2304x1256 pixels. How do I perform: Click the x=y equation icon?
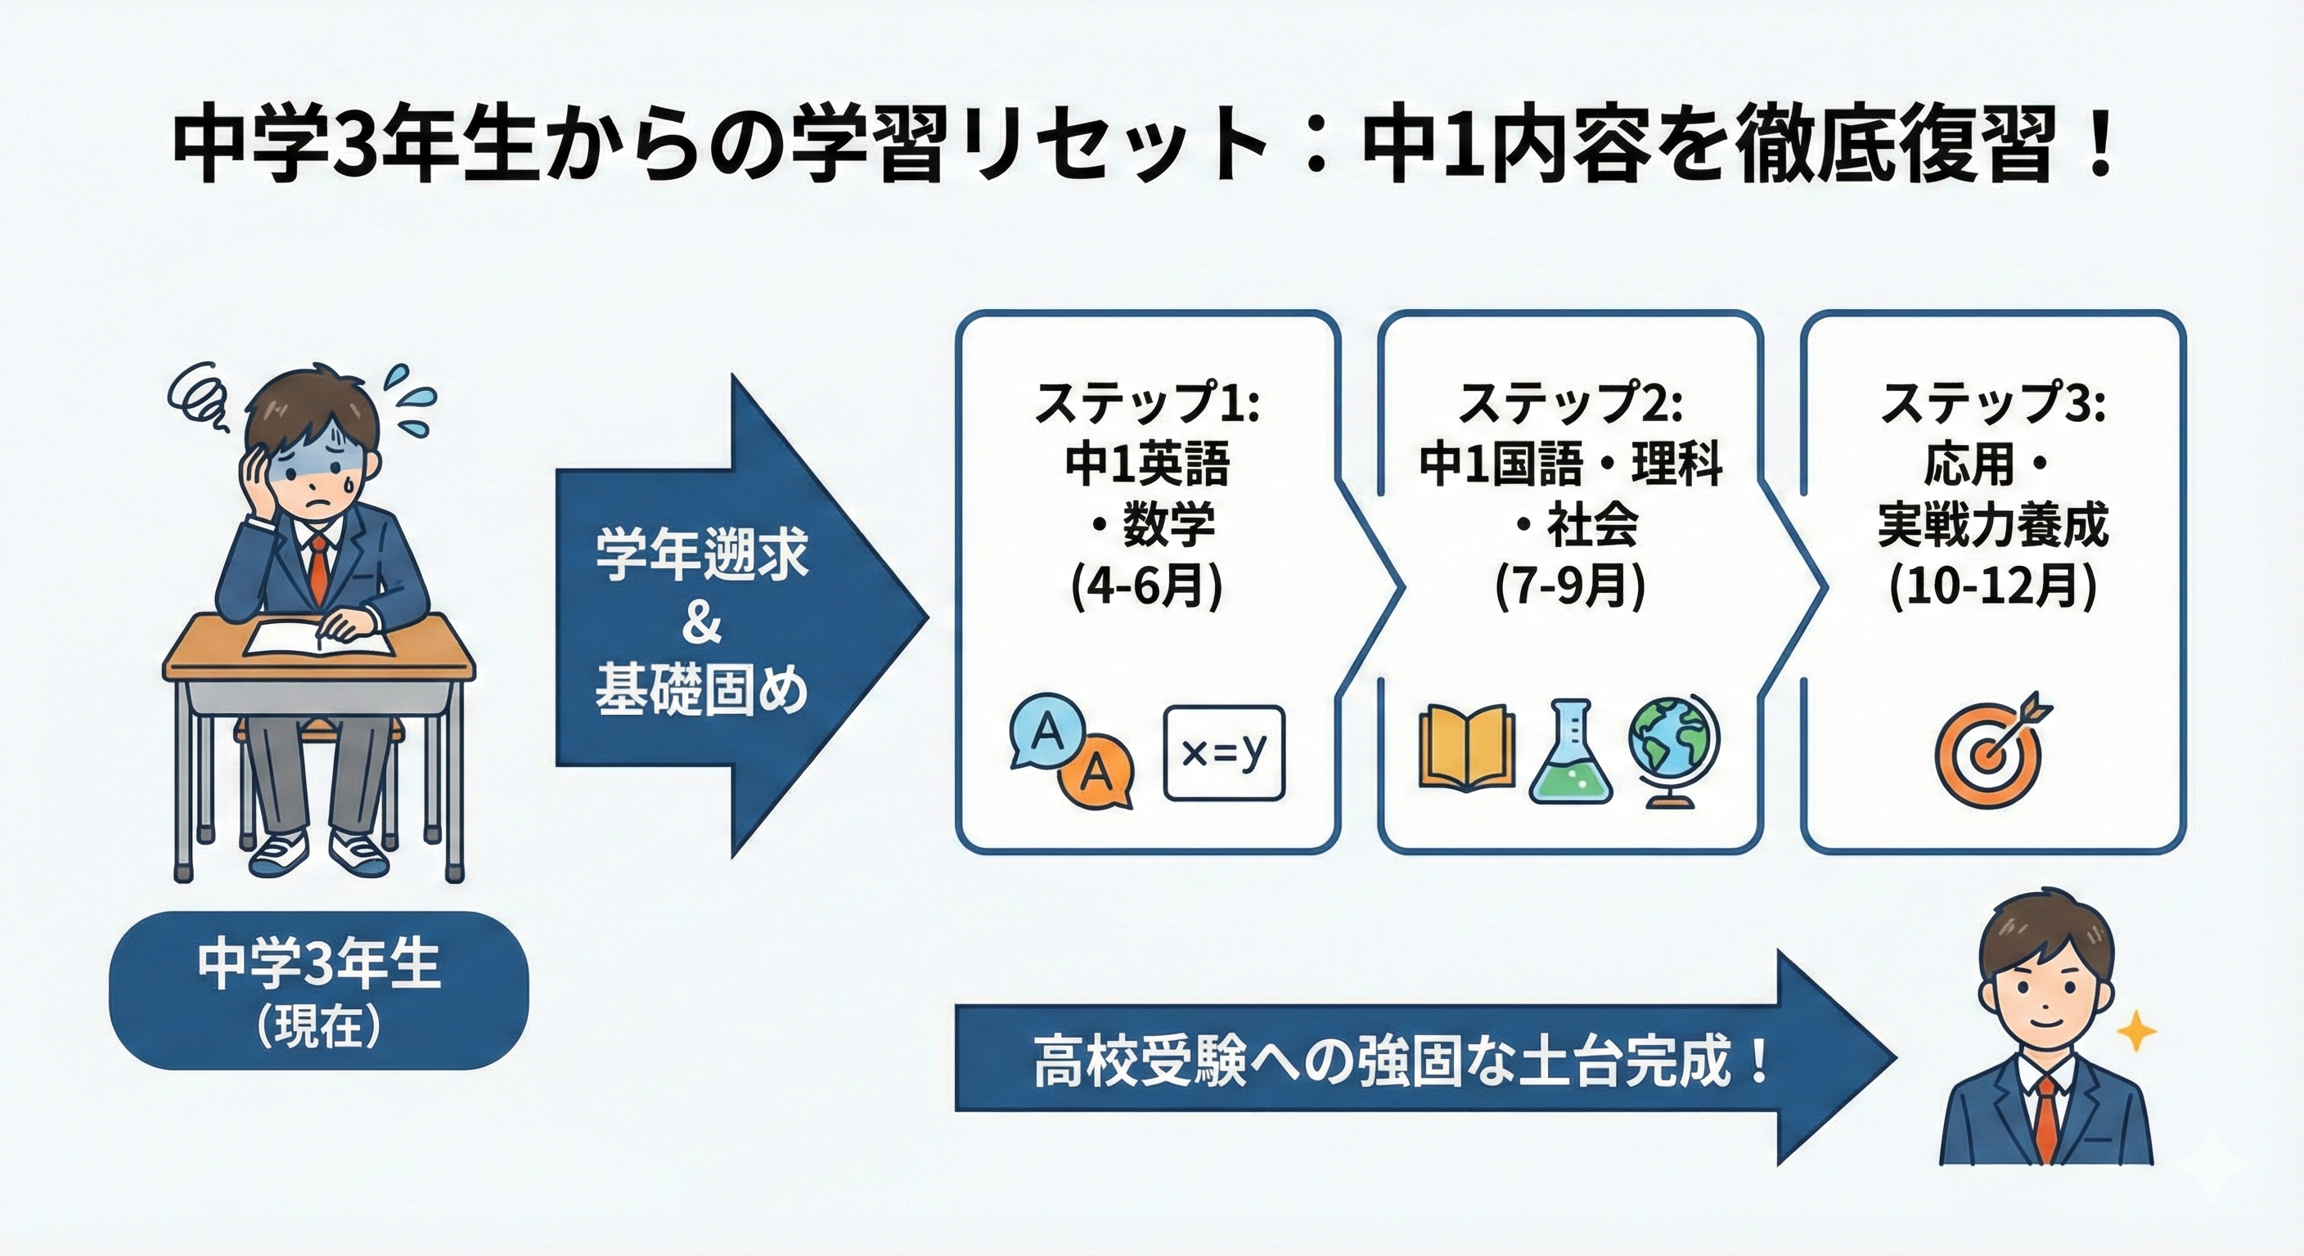(1223, 753)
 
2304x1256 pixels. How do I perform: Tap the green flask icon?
(1572, 753)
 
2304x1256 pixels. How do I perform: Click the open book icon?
(1467, 749)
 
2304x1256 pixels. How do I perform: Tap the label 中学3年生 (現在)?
(318, 989)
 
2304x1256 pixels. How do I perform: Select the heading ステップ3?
(1993, 404)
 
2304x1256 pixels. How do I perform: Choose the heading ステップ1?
(1146, 404)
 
